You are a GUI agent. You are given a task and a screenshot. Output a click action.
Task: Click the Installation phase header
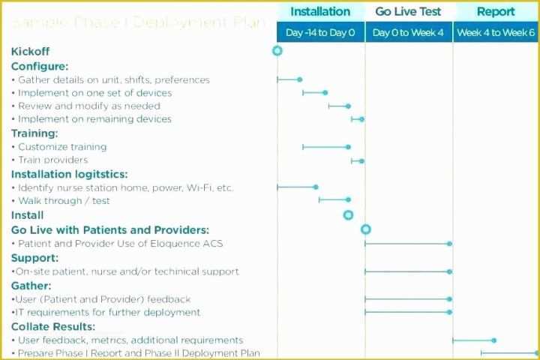[320, 11]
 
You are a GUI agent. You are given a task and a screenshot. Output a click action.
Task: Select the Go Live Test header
[409, 11]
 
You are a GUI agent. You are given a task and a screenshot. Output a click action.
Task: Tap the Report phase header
[496, 11]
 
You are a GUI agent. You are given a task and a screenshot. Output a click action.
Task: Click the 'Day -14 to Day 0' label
[320, 33]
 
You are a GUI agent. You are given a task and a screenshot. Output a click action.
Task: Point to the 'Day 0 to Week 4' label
[409, 33]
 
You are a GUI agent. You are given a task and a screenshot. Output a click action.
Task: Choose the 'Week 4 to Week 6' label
[496, 33]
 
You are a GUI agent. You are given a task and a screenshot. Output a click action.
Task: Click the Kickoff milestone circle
[277, 51]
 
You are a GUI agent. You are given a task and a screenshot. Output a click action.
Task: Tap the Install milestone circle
[348, 215]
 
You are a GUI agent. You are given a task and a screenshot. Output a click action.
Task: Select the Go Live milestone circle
[366, 229]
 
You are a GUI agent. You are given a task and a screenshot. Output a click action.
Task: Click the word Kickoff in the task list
[31, 52]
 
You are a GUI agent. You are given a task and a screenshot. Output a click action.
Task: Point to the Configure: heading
[40, 66]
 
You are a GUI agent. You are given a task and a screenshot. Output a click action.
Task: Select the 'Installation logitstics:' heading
[69, 174]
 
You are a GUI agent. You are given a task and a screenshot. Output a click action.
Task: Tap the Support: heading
[34, 257]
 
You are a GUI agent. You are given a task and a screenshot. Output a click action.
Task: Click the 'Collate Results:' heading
[52, 326]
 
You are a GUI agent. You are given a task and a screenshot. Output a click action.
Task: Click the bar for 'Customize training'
[325, 147]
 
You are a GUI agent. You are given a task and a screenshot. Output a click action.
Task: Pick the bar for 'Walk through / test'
[334, 199]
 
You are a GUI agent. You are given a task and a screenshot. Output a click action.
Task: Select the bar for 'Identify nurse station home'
[296, 187]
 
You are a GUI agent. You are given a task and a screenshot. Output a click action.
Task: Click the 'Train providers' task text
[52, 160]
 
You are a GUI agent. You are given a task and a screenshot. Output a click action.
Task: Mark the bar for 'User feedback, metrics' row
[473, 340]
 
